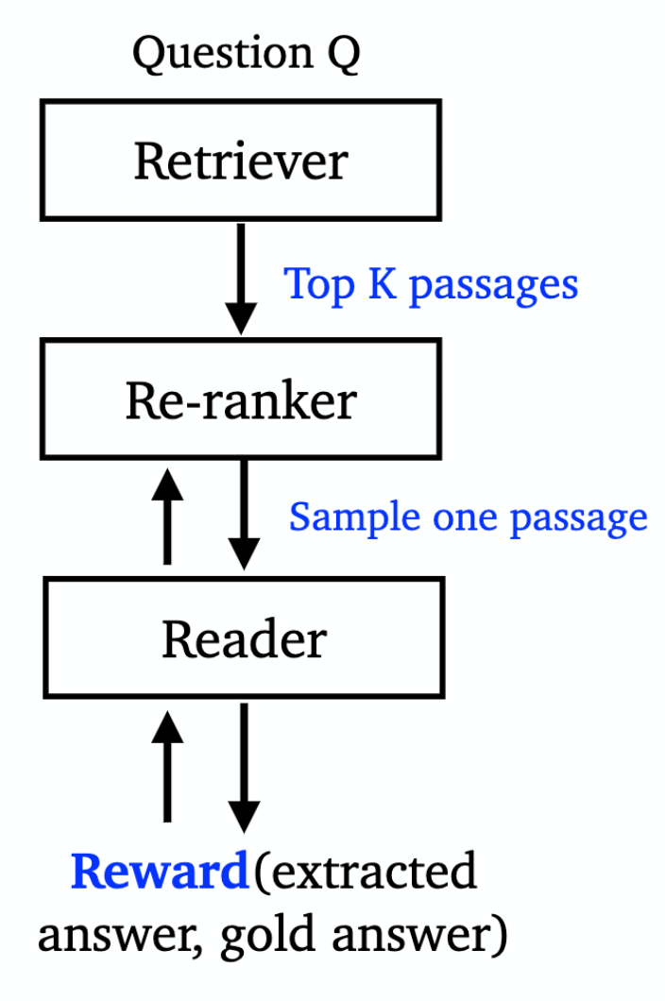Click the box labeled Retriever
tap(240, 161)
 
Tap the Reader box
tap(244, 640)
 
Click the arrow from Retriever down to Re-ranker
tap(242, 279)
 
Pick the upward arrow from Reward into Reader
tap(167, 765)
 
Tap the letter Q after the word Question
tap(341, 56)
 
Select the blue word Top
tap(317, 284)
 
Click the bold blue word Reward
tap(159, 871)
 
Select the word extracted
tap(373, 871)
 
